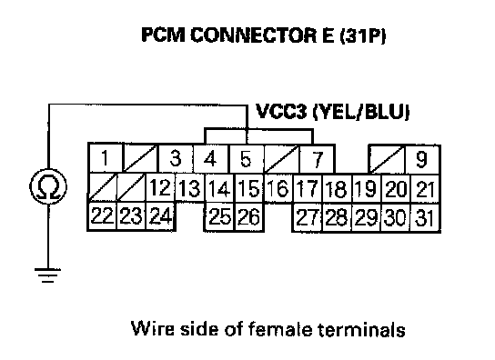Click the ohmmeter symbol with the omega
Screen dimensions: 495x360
[x=48, y=186]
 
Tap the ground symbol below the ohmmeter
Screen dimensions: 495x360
[x=48, y=275]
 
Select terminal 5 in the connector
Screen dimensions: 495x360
[x=247, y=159]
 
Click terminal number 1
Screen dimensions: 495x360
[x=105, y=158]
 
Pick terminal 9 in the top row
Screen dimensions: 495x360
[x=422, y=159]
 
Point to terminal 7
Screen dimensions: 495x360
[x=317, y=159]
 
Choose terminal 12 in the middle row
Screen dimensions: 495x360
[x=161, y=187]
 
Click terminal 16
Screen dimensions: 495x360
[x=278, y=188]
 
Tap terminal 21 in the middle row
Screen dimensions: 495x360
[x=425, y=189]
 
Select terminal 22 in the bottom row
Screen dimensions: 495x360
[x=102, y=216]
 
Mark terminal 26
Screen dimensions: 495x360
[x=249, y=217]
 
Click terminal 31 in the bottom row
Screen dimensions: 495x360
[x=425, y=217]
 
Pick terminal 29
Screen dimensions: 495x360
[x=366, y=217]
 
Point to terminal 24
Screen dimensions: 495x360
[x=161, y=216]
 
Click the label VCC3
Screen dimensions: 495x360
[x=280, y=112]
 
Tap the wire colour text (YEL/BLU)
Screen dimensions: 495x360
[x=360, y=112]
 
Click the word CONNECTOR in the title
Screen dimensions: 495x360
[x=253, y=35]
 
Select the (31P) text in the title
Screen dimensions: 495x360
[x=363, y=35]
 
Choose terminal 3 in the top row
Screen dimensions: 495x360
[x=176, y=158]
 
